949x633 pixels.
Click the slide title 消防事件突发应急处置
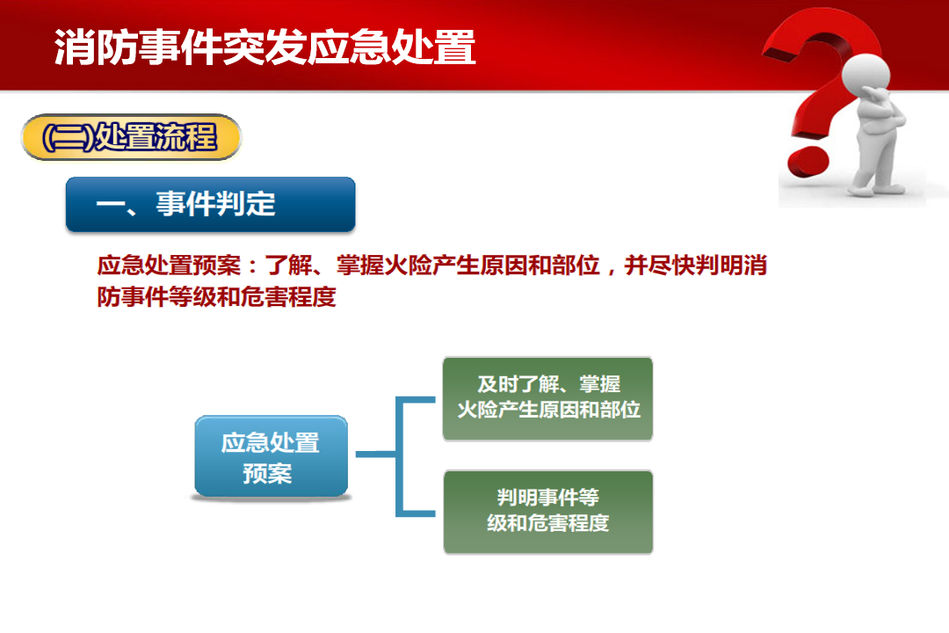click(264, 47)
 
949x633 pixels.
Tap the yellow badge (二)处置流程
click(131, 137)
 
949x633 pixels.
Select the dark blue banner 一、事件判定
click(211, 204)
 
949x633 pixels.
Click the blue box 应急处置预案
click(271, 457)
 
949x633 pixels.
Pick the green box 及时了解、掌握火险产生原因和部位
click(547, 398)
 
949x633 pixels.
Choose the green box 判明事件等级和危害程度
click(547, 512)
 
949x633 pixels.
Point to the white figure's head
click(866, 76)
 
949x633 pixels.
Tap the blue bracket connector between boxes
click(396, 455)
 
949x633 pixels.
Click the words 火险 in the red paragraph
click(408, 266)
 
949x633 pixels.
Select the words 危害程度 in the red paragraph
click(288, 297)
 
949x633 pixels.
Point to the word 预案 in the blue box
click(267, 473)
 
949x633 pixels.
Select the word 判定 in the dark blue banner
click(245, 204)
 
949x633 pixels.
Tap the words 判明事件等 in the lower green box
click(547, 498)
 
